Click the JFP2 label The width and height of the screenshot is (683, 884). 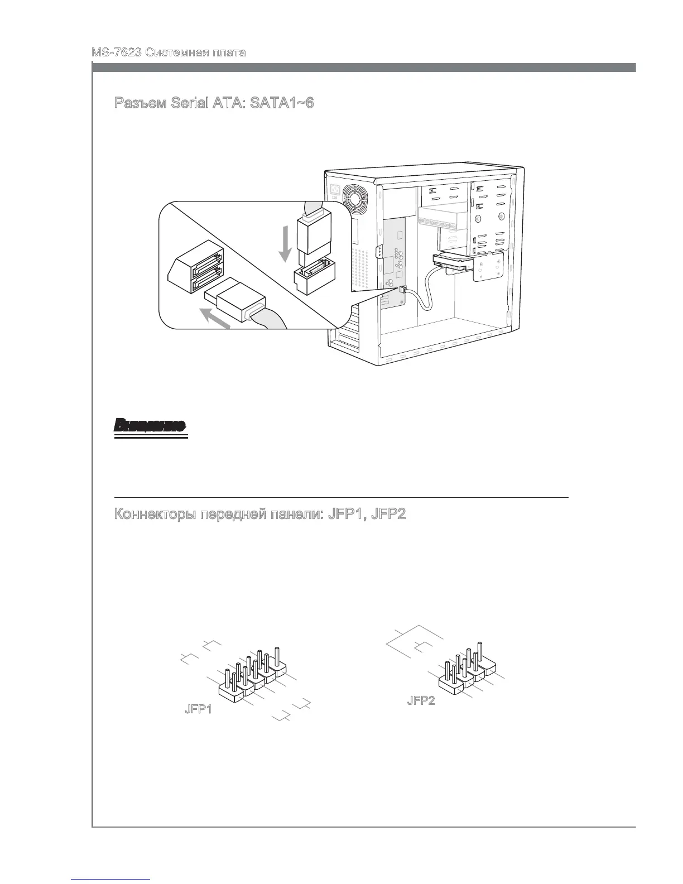(421, 701)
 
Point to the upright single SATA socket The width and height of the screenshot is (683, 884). (314, 277)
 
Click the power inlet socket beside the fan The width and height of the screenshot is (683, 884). (335, 190)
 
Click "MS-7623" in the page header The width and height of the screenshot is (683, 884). (116, 53)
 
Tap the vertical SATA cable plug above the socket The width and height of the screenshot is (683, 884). (314, 234)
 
